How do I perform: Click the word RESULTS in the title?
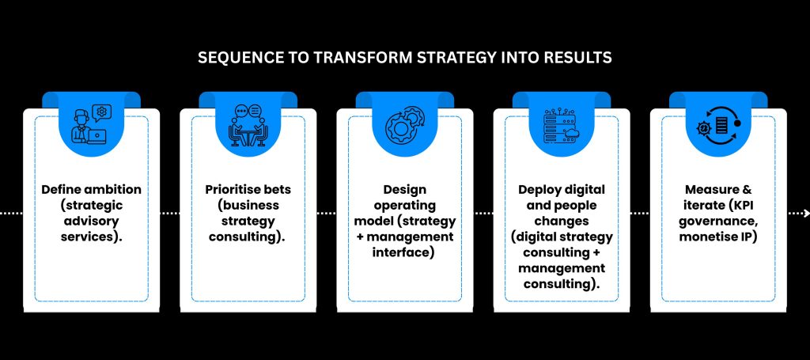point(583,58)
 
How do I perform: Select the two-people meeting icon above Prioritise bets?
point(248,124)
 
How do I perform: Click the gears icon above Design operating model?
point(405,125)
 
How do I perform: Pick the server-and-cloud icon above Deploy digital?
point(562,124)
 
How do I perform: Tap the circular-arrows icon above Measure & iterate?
point(719,125)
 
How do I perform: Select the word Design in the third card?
point(404,190)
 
